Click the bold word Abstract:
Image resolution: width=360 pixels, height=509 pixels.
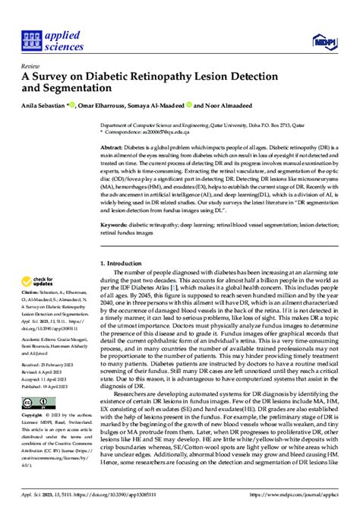pos(114,146)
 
